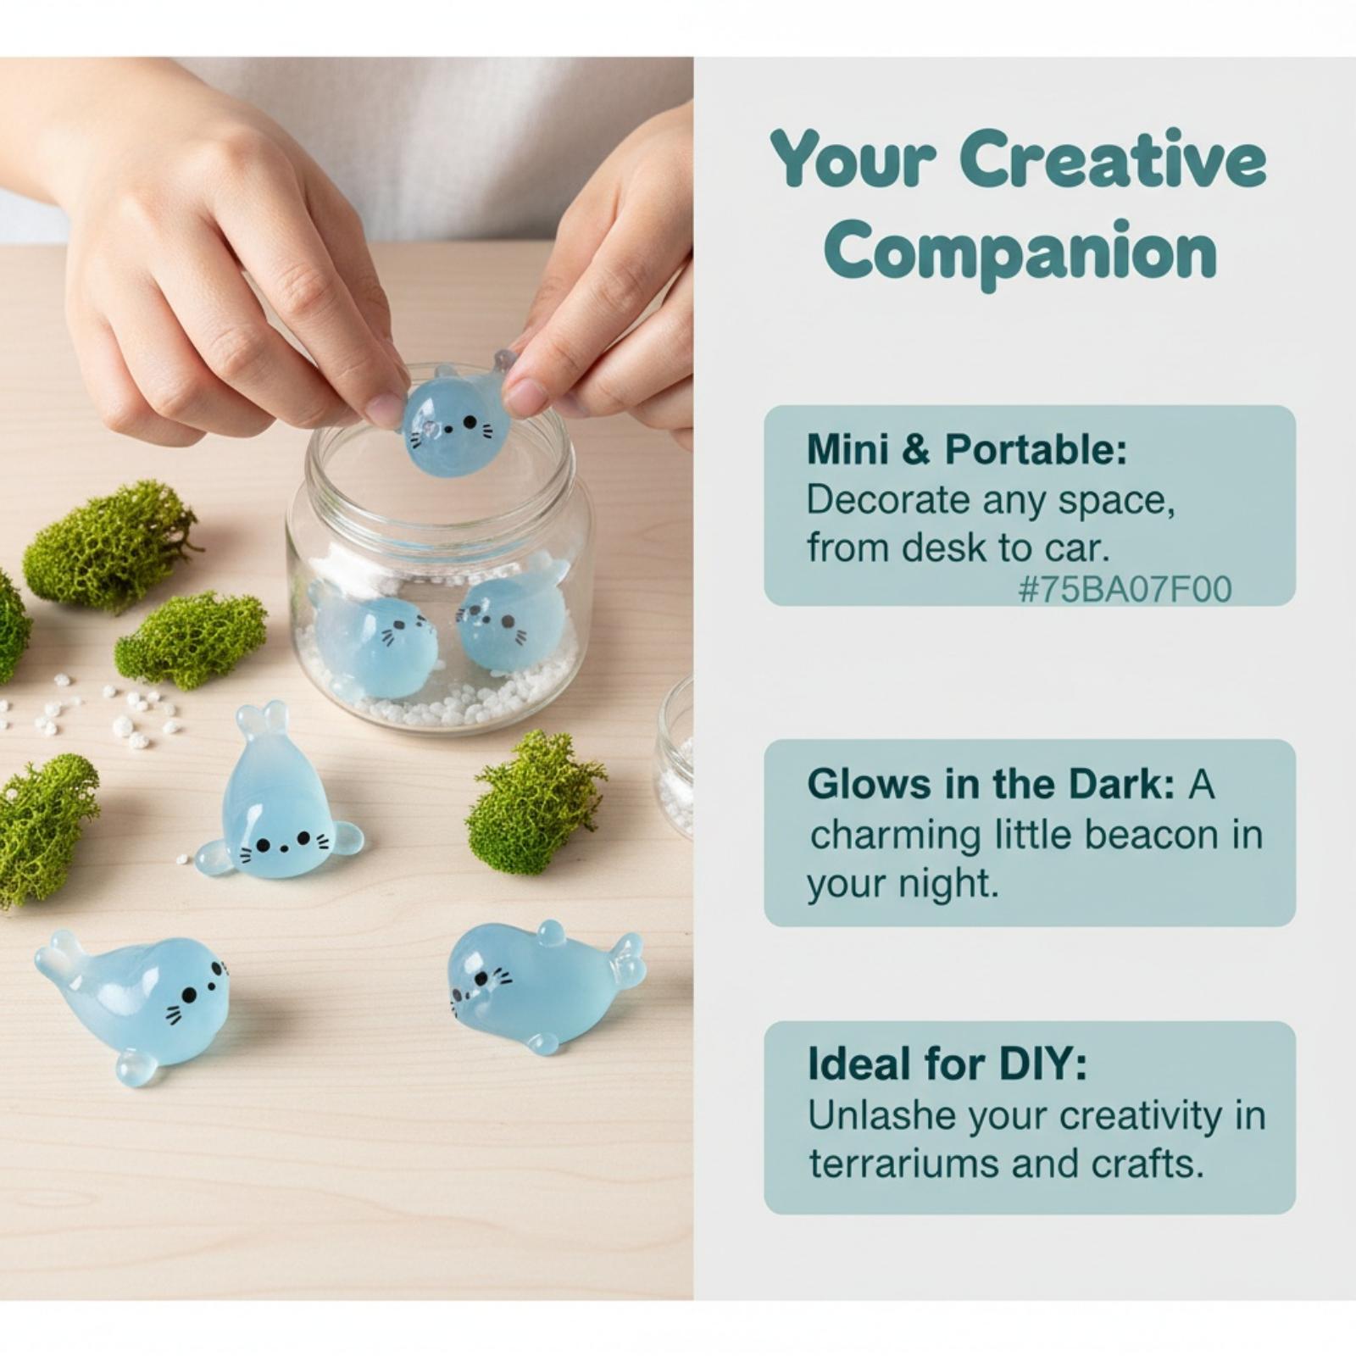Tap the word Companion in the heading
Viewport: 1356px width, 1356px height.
1020,252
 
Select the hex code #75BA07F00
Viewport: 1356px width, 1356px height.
1125,589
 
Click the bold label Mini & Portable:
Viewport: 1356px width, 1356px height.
967,449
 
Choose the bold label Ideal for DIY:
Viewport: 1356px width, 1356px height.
947,1064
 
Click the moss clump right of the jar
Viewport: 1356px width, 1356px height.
535,801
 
